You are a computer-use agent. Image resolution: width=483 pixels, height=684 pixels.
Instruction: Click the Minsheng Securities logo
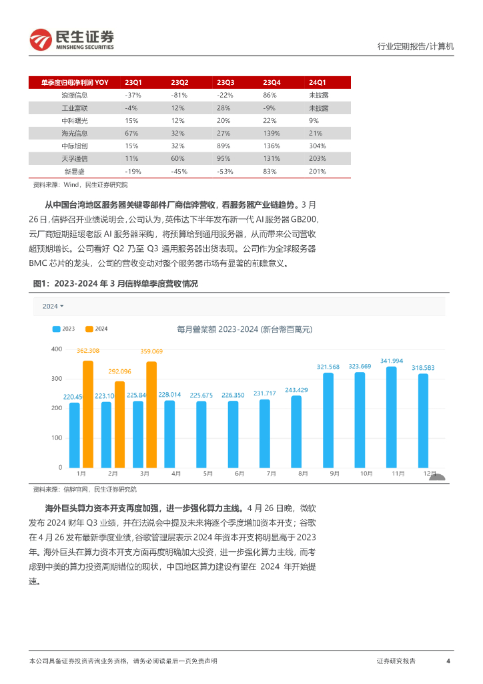click(72, 39)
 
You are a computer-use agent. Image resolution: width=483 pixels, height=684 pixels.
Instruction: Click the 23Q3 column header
click(225, 82)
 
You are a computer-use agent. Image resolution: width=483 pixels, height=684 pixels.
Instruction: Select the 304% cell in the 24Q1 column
click(317, 146)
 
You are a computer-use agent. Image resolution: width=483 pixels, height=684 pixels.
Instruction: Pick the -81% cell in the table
click(179, 95)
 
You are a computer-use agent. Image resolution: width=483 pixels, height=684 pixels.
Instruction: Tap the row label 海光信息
click(74, 133)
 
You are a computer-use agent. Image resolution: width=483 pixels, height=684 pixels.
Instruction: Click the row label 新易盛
click(74, 171)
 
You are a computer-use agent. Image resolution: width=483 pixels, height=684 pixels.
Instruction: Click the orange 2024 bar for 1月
click(87, 414)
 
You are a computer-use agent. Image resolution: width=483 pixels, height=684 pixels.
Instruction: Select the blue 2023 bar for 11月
click(392, 417)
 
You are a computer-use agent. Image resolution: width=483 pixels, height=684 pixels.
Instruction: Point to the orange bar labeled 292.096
click(119, 424)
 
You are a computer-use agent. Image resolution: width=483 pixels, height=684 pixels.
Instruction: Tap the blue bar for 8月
click(296, 432)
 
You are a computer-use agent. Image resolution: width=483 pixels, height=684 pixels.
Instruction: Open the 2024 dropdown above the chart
click(53, 306)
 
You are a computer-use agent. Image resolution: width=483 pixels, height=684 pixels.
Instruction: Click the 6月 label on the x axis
click(239, 473)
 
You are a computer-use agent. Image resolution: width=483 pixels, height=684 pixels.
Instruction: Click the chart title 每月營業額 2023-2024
click(244, 329)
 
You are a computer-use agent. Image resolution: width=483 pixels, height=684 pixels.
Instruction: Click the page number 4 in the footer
click(448, 661)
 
